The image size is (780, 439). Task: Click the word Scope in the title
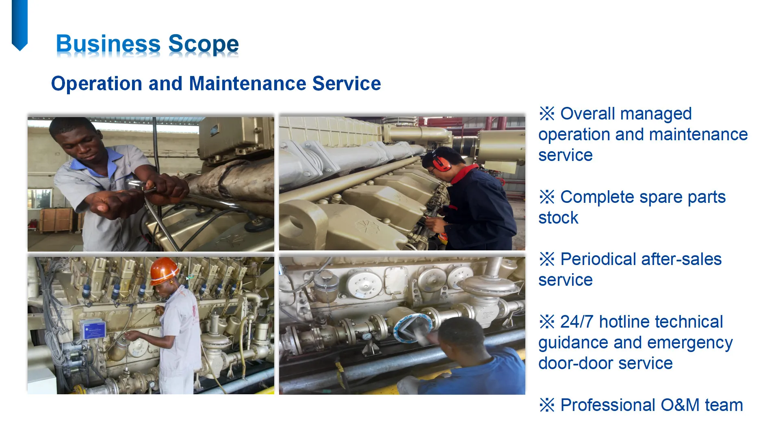point(203,44)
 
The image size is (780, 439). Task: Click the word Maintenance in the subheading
point(247,83)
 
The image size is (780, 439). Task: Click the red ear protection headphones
point(441,162)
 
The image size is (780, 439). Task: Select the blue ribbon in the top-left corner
point(19,24)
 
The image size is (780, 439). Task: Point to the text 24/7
point(577,322)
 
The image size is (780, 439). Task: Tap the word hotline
point(627,322)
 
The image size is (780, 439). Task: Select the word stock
point(558,218)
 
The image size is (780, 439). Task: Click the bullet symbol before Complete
point(547,197)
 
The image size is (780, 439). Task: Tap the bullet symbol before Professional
point(547,405)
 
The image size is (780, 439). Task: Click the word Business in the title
point(108,44)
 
